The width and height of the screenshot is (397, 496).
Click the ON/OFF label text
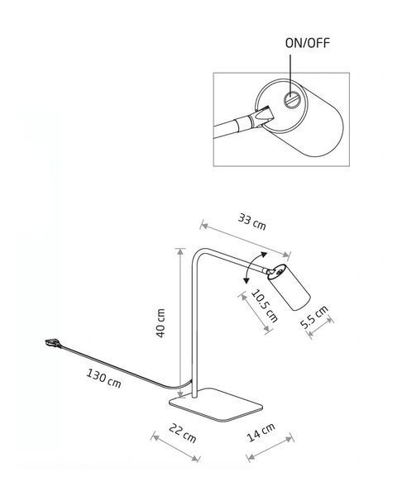308,43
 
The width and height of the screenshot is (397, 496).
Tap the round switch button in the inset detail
291,100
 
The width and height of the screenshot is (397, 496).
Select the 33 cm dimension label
252,222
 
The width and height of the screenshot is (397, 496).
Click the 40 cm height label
160,323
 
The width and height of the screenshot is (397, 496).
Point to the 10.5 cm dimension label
265,306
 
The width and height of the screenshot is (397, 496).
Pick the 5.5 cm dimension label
314,317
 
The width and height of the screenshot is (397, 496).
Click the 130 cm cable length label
103,378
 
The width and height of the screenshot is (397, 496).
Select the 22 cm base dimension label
182,433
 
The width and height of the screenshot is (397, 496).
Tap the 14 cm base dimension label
261,432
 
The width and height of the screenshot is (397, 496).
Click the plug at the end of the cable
53,343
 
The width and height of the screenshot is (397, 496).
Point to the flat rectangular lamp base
216,404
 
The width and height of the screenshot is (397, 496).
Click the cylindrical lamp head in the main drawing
289,287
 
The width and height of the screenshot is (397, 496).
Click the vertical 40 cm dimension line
180,323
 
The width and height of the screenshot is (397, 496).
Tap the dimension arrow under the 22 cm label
175,448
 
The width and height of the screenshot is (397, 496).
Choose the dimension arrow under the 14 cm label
270,447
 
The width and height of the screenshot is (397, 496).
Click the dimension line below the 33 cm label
246,241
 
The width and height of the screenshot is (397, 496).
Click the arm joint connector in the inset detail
261,117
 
